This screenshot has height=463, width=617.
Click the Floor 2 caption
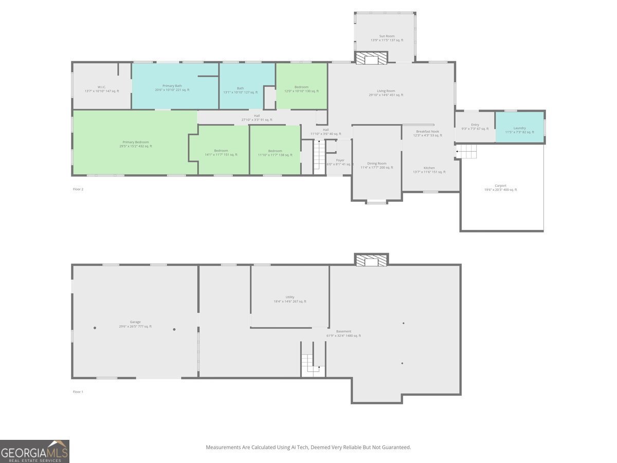point(78,189)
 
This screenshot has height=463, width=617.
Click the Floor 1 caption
point(78,392)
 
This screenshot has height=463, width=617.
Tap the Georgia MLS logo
point(34,451)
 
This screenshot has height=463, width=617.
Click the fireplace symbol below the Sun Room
point(371,58)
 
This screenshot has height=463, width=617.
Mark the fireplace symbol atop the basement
point(371,261)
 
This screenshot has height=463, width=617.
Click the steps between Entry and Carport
point(467,152)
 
